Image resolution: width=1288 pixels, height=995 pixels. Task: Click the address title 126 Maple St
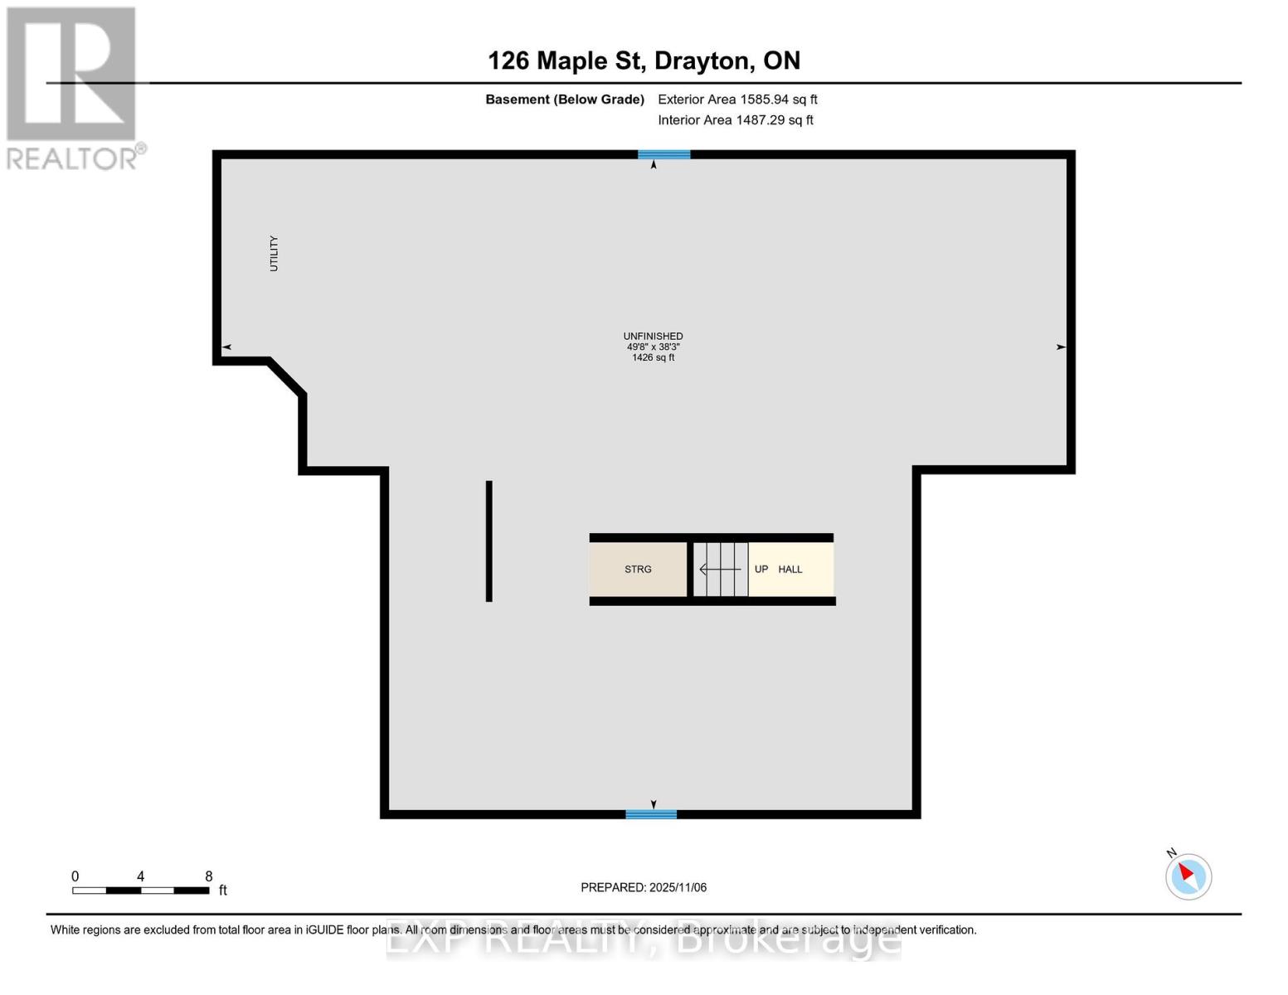pos(644,61)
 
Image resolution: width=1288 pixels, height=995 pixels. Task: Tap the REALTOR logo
pos(73,87)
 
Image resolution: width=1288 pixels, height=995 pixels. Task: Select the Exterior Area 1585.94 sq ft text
pos(737,99)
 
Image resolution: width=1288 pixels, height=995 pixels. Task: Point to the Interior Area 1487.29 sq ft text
pos(735,120)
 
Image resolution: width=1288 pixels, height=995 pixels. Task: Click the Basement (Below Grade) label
pos(564,99)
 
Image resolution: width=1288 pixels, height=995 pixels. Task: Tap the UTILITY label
pos(274,254)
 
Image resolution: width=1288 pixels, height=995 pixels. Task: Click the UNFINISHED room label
pos(653,336)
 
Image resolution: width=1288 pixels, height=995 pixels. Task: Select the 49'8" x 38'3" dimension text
pos(653,347)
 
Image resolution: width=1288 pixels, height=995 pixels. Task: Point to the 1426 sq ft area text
pos(653,357)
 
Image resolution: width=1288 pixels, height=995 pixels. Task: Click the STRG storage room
pos(638,569)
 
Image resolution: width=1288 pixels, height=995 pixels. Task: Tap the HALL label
pos(790,569)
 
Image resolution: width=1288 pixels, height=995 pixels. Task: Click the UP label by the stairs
pos(761,569)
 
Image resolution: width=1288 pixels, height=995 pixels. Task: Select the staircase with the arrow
pos(720,569)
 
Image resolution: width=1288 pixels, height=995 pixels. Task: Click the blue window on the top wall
pos(663,154)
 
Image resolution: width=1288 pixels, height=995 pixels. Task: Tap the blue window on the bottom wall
pos(651,814)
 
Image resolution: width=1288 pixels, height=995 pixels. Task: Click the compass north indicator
pos(1188,876)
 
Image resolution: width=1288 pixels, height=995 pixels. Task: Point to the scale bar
pos(140,890)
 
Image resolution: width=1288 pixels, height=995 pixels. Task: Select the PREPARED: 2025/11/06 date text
pos(644,887)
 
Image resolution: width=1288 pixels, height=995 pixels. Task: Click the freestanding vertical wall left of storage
pos(489,541)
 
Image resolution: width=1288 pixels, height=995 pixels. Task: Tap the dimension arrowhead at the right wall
pos(1061,347)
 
